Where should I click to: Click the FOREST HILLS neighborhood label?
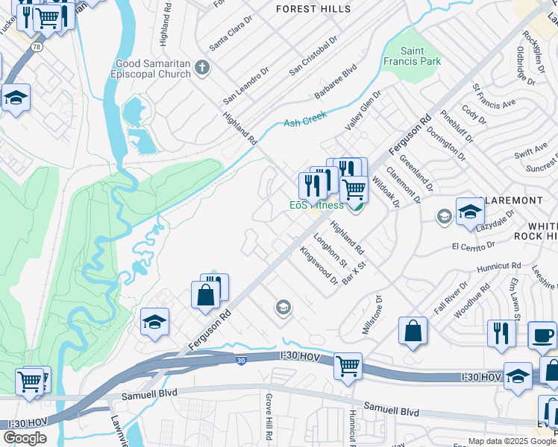313,9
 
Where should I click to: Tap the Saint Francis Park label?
411,56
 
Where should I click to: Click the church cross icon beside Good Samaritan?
201,69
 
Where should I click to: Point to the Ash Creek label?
306,121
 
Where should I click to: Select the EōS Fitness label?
316,205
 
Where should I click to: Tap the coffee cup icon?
542,334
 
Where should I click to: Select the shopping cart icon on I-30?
348,365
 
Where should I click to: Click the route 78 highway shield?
37,46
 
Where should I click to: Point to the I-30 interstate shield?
240,361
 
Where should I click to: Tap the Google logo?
25,438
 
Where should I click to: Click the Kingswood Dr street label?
319,266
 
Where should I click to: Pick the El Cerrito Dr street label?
472,244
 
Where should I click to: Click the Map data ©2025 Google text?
511,441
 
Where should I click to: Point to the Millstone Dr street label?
371,314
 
